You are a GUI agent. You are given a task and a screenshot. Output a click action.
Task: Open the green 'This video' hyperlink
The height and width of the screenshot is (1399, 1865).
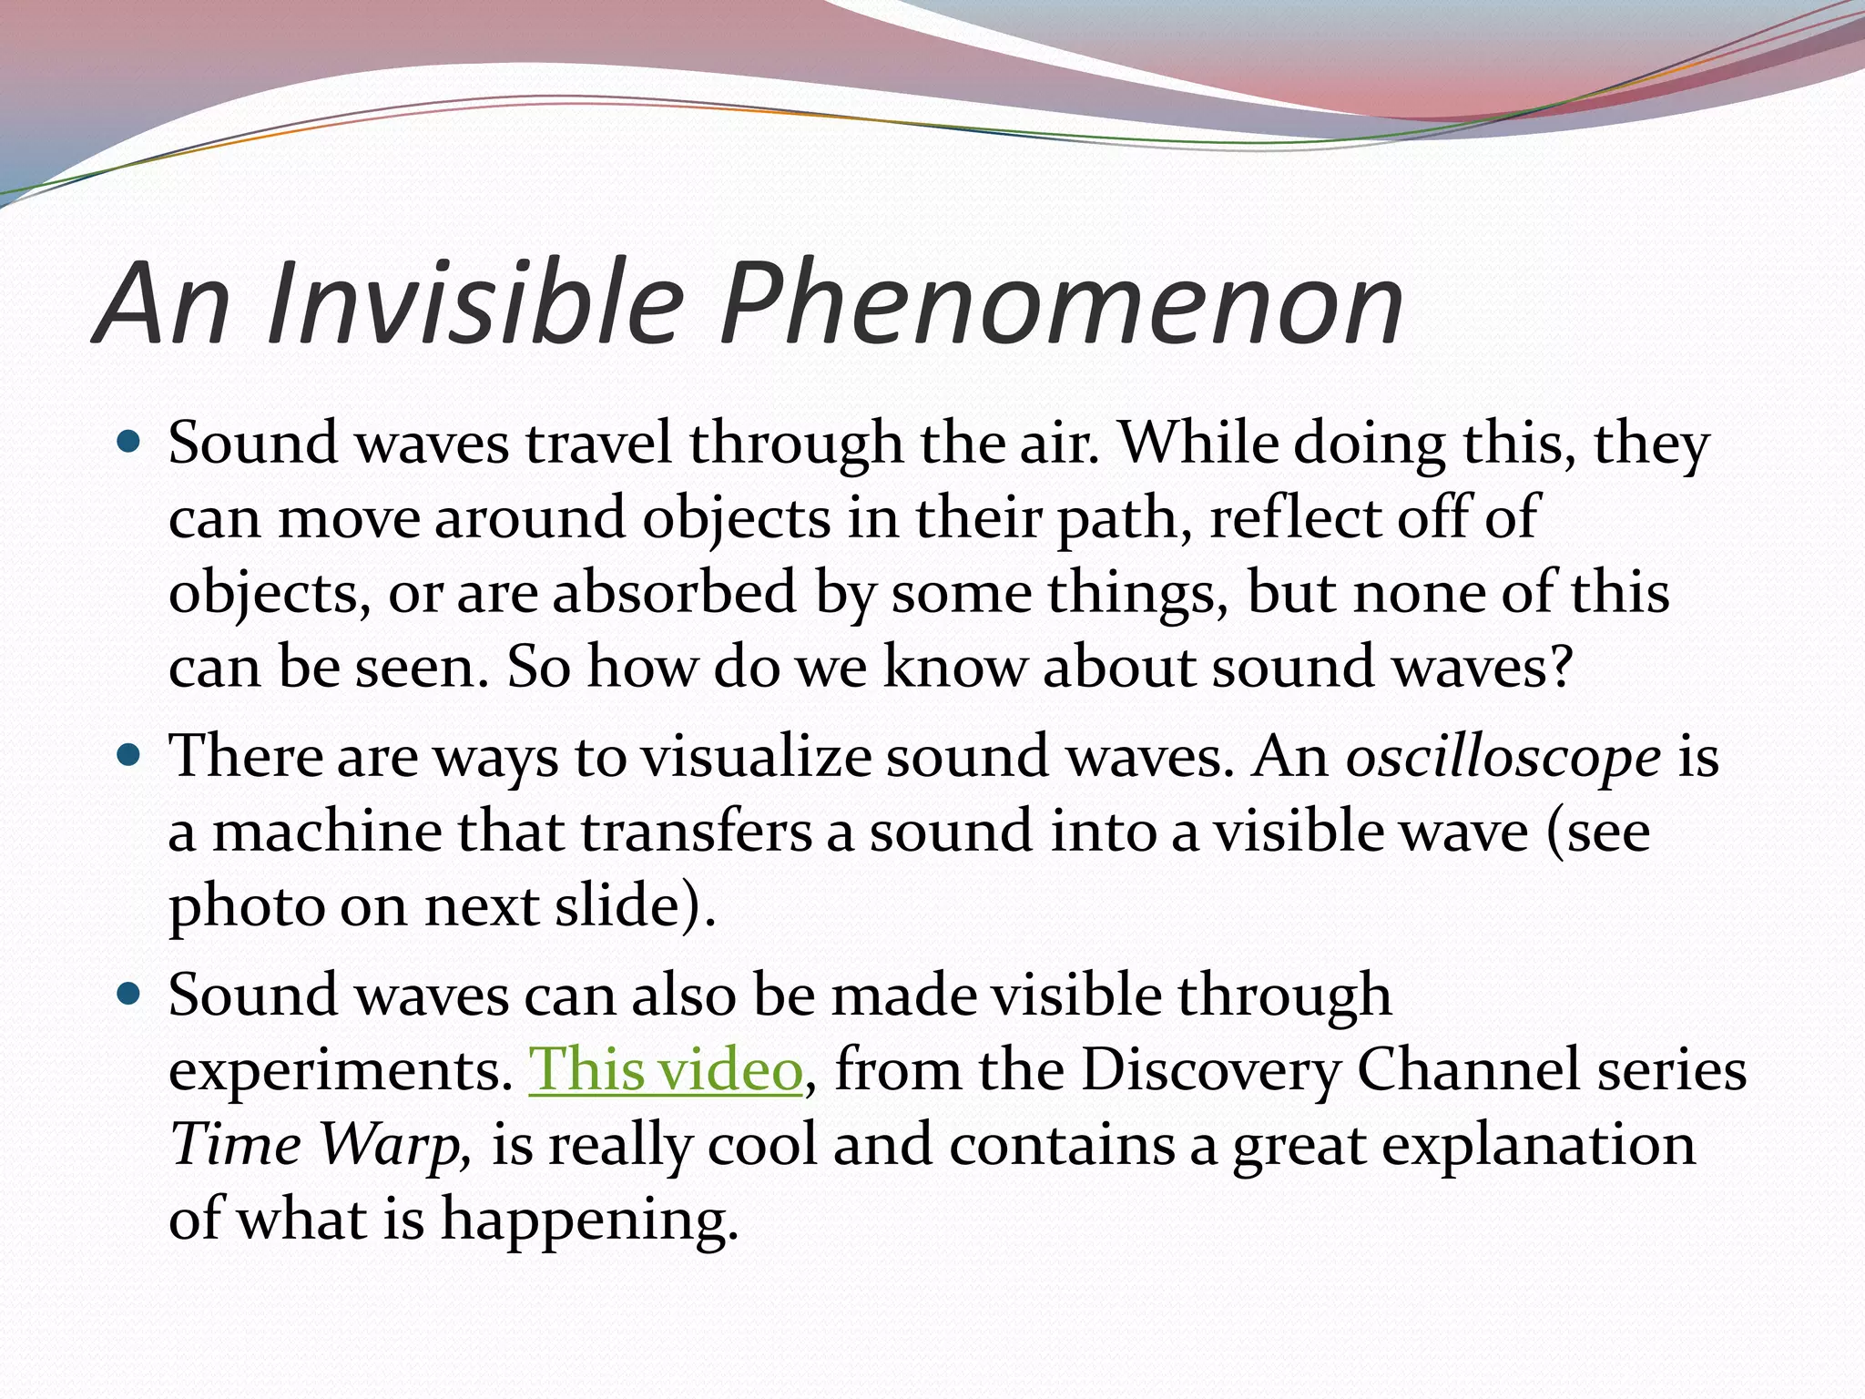point(665,1069)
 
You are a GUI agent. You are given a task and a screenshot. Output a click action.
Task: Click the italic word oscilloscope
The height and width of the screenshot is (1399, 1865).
point(1503,758)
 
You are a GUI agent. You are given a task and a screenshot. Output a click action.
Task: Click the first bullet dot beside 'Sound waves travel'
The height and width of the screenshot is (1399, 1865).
point(130,444)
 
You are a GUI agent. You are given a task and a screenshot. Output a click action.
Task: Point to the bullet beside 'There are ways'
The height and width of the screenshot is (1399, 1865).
point(130,756)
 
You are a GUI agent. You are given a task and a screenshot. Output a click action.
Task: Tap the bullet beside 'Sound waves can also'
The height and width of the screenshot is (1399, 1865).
point(130,994)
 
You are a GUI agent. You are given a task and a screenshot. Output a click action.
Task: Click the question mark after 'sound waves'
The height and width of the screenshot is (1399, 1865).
point(1561,667)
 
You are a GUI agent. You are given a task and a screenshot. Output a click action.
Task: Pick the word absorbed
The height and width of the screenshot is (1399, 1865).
point(675,592)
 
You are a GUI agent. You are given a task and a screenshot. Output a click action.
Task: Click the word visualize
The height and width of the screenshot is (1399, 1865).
point(756,758)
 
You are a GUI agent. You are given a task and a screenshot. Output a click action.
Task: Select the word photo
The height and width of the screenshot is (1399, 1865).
point(246,909)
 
